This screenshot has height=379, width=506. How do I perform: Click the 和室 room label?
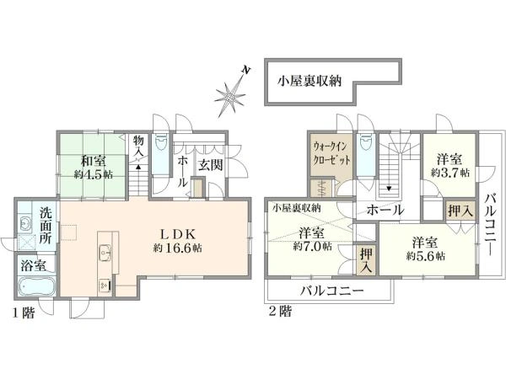[94, 161]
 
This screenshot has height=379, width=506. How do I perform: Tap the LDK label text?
[178, 234]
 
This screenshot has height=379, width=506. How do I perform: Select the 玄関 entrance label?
[210, 165]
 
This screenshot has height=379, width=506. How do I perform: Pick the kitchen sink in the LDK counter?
[105, 251]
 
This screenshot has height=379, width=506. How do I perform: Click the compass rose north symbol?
[229, 96]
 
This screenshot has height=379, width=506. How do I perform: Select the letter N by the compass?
[247, 70]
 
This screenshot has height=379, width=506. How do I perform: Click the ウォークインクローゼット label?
[331, 153]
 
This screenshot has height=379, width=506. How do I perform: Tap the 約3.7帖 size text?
[449, 173]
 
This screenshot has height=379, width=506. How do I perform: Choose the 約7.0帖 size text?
[312, 247]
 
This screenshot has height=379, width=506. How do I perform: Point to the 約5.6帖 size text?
[426, 256]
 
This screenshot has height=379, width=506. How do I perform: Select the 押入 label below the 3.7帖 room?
[460, 211]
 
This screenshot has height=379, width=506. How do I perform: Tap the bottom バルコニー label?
[332, 291]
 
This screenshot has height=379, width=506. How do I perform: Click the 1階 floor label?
[24, 312]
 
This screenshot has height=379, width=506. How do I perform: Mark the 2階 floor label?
[280, 312]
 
